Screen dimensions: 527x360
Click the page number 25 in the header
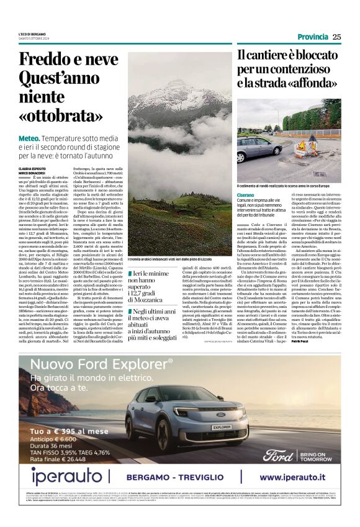point(336,37)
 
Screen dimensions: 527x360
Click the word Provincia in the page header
point(313,37)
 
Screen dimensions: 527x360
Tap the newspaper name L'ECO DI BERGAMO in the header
point(32,34)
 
